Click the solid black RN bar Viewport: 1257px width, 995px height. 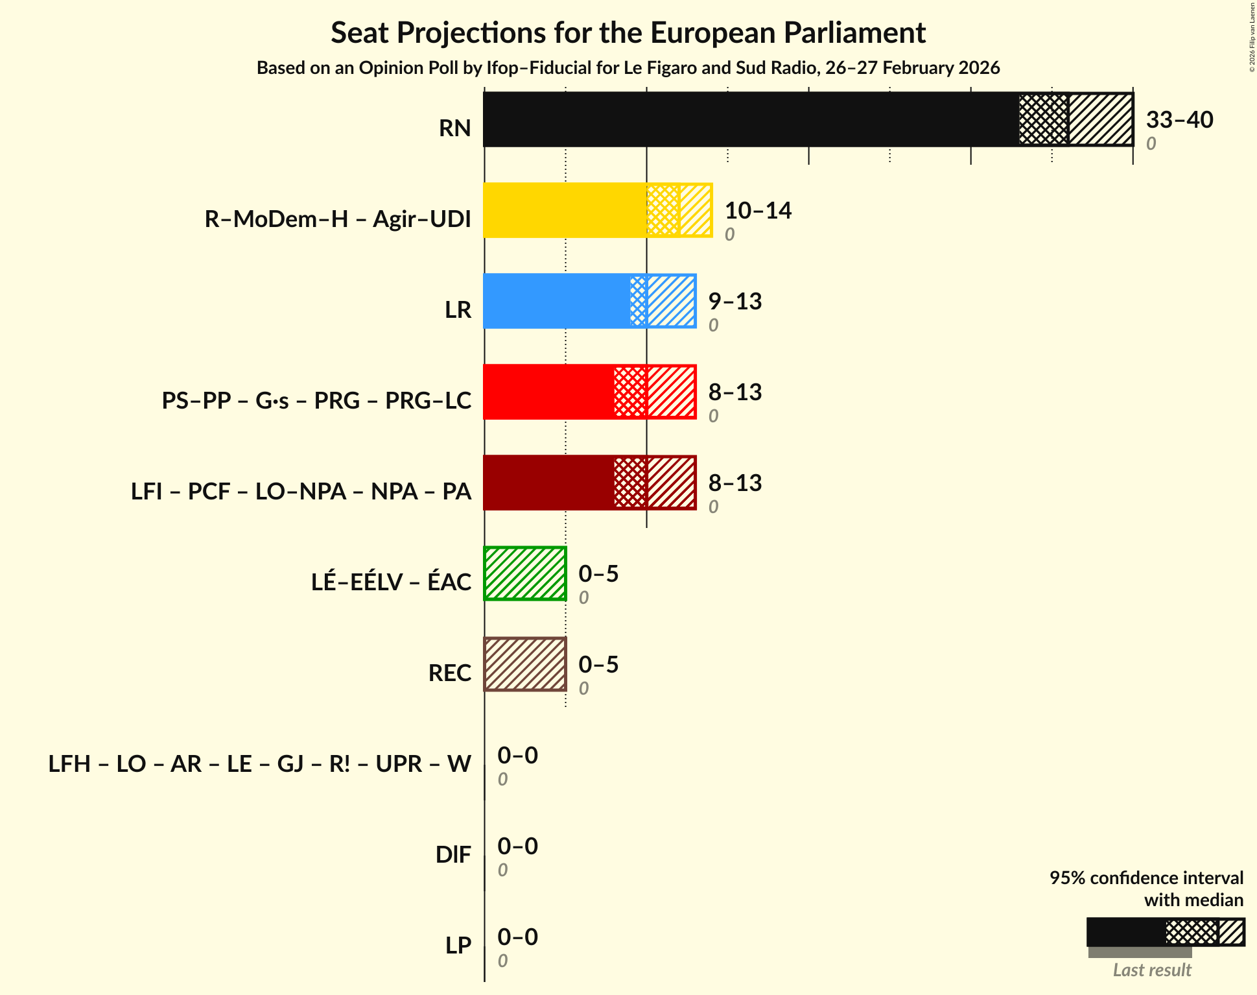click(751, 119)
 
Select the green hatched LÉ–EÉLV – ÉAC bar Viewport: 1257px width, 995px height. click(525, 573)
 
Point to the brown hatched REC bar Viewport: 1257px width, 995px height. click(525, 664)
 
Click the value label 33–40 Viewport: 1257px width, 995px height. click(1179, 119)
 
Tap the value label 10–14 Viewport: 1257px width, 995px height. click(758, 210)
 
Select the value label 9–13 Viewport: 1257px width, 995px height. click(734, 301)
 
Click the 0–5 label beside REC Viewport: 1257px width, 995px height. click(598, 664)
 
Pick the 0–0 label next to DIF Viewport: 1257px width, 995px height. click(517, 846)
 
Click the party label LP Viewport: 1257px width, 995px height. click(458, 946)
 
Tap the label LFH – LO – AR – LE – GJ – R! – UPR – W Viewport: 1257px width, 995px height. click(259, 764)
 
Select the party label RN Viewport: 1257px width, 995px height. click(454, 128)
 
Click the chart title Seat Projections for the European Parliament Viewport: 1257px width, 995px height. click(628, 32)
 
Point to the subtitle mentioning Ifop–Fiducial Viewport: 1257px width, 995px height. click(628, 67)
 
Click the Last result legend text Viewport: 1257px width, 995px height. click(1152, 970)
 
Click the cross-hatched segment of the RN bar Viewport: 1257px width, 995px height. click(1043, 119)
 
